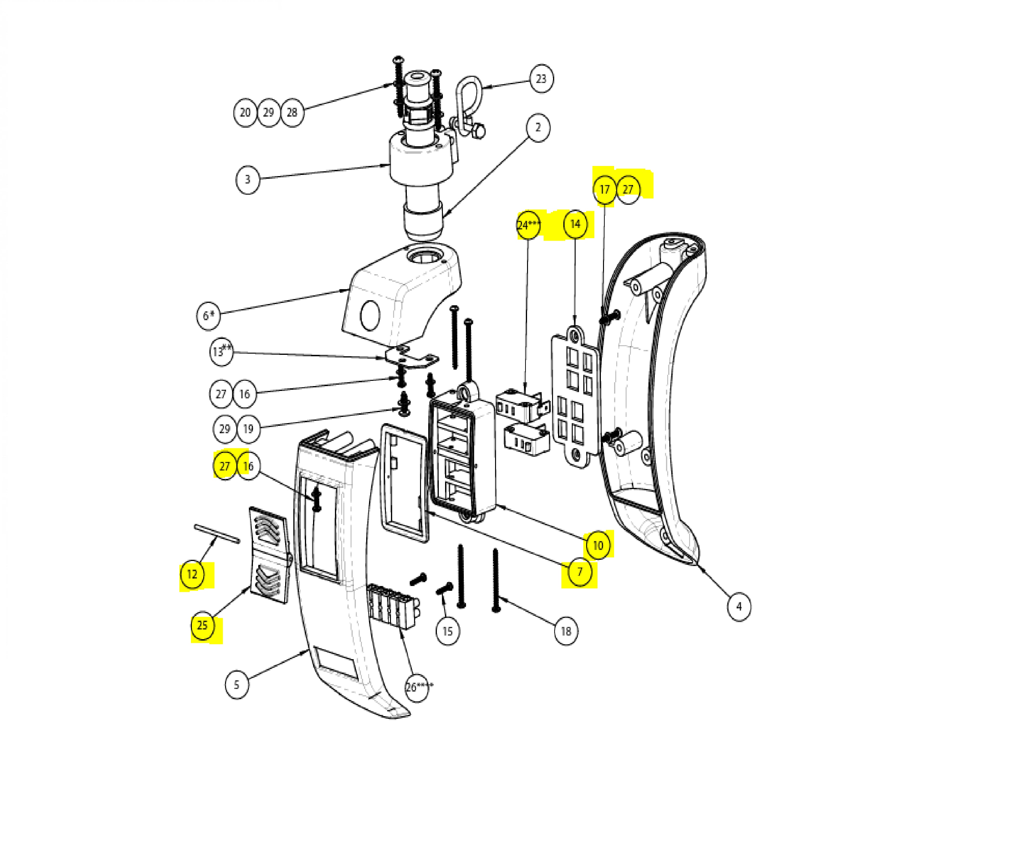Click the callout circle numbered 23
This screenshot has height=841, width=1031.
click(541, 78)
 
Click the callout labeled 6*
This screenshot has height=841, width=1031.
click(208, 316)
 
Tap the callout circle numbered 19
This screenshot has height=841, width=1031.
click(248, 429)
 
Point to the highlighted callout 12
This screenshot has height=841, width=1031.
click(192, 574)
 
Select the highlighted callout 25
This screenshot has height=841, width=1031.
click(202, 625)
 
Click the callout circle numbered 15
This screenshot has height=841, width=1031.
click(447, 631)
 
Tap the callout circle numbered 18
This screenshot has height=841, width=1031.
click(566, 631)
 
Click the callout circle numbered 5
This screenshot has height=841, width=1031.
click(237, 685)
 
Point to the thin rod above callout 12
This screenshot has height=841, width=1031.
click(217, 533)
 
